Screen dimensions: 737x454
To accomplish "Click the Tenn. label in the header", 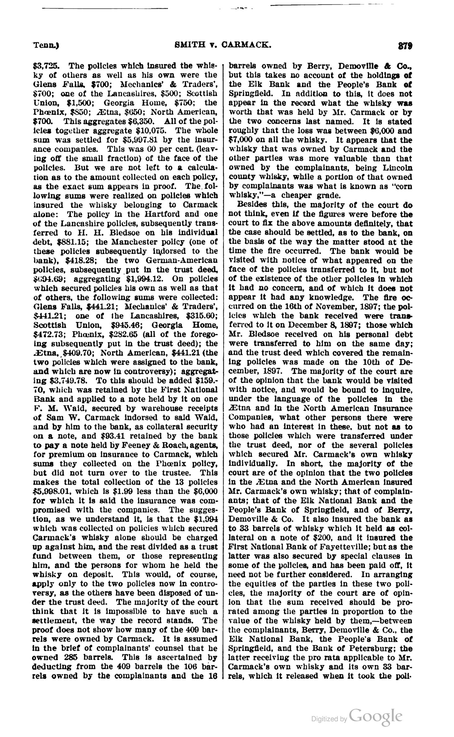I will click(46, 45).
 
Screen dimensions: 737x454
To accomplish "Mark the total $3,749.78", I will click(68, 381).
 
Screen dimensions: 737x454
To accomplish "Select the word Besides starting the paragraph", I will click(252, 205).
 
